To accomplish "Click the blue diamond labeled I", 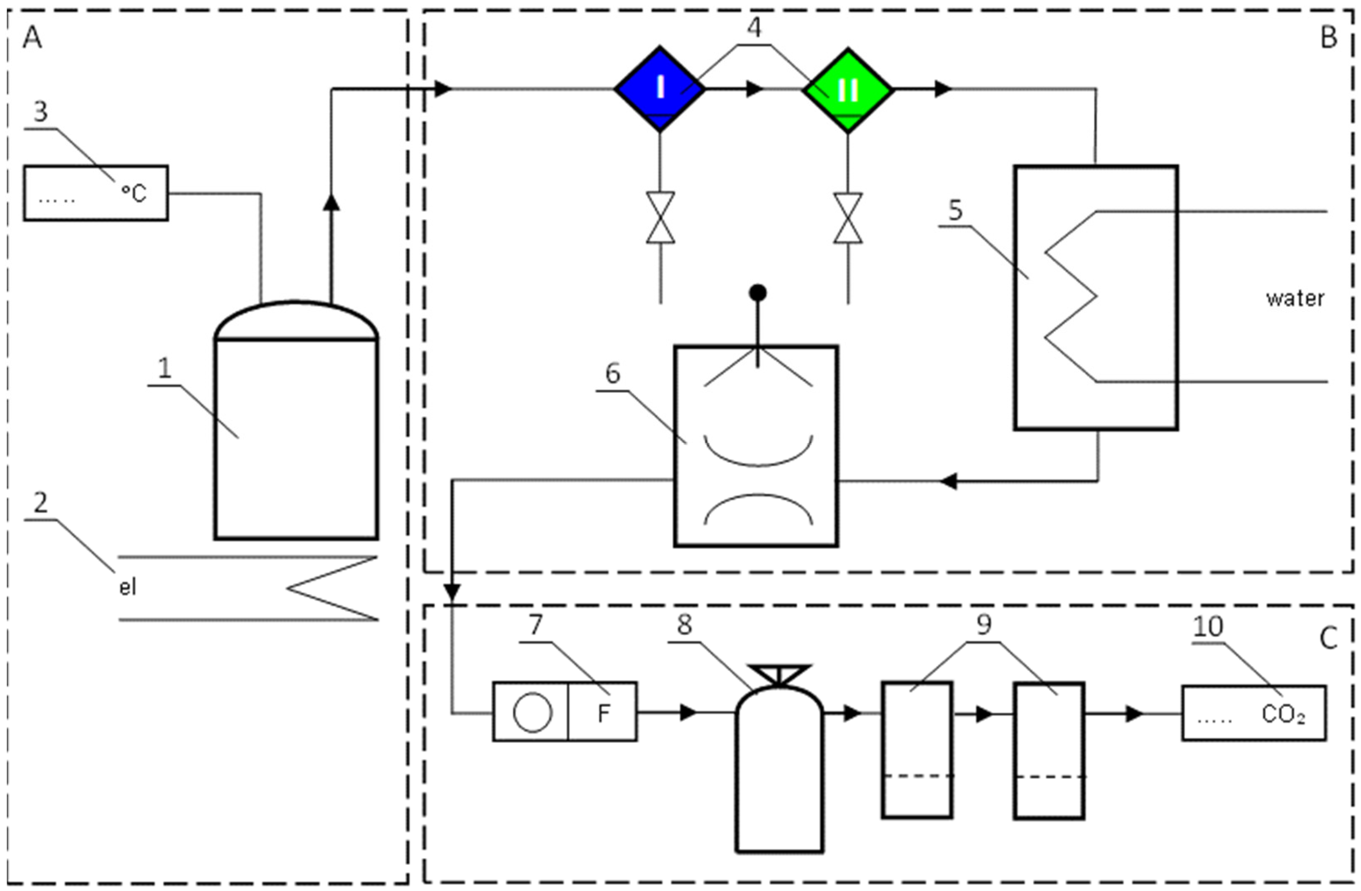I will pyautogui.click(x=660, y=89).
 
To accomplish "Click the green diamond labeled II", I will pyautogui.click(x=847, y=91).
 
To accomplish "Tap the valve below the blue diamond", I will pyautogui.click(x=661, y=218).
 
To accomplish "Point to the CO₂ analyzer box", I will pyautogui.click(x=1254, y=713).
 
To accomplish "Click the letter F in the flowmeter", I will pyautogui.click(x=604, y=713).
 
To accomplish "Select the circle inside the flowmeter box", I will pyautogui.click(x=532, y=713).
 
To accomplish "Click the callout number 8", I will pyautogui.click(x=684, y=625).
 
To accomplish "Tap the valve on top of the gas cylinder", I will pyautogui.click(x=779, y=675).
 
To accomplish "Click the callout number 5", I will pyautogui.click(x=956, y=210).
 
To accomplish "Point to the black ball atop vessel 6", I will pyautogui.click(x=758, y=293).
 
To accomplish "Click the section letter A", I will pyautogui.click(x=32, y=39).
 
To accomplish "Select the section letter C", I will pyautogui.click(x=1329, y=638).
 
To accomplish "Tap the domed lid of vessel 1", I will pyautogui.click(x=296, y=320).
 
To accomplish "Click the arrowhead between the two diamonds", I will pyautogui.click(x=755, y=89).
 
